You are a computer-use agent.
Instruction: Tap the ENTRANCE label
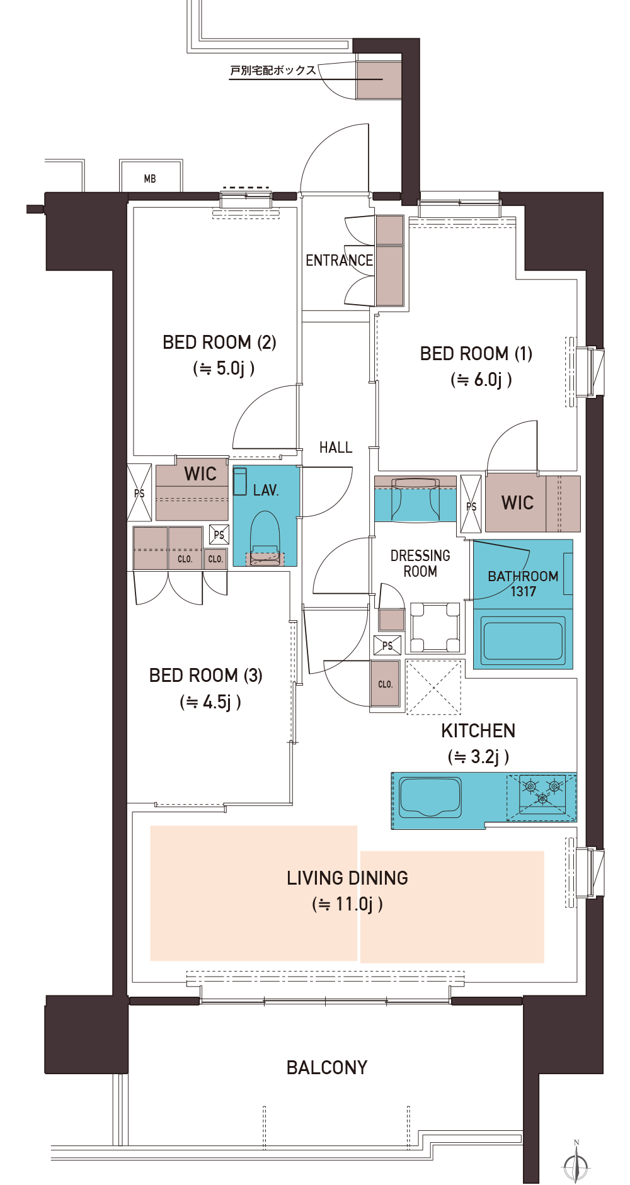[x=339, y=260]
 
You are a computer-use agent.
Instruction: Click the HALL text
[x=336, y=448]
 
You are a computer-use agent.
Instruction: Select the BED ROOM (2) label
[x=219, y=343]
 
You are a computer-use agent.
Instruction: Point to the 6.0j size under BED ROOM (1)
[x=481, y=380]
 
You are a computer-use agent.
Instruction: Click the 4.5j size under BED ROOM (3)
[x=210, y=702]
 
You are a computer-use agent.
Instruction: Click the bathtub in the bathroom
[x=522, y=638]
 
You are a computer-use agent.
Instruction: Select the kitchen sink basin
[x=430, y=797]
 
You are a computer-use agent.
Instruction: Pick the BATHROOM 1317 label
[x=523, y=584]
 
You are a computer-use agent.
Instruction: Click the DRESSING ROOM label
[x=420, y=564]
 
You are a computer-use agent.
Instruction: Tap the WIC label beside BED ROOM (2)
[x=200, y=474]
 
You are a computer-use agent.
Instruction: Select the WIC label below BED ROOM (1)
[x=517, y=503]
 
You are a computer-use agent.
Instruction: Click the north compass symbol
[x=576, y=1162]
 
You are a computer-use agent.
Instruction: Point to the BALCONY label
[x=327, y=1068]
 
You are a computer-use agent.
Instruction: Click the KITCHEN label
[x=478, y=731]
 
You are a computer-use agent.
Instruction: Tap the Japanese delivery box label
[x=273, y=71]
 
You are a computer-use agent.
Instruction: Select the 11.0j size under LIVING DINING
[x=348, y=904]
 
